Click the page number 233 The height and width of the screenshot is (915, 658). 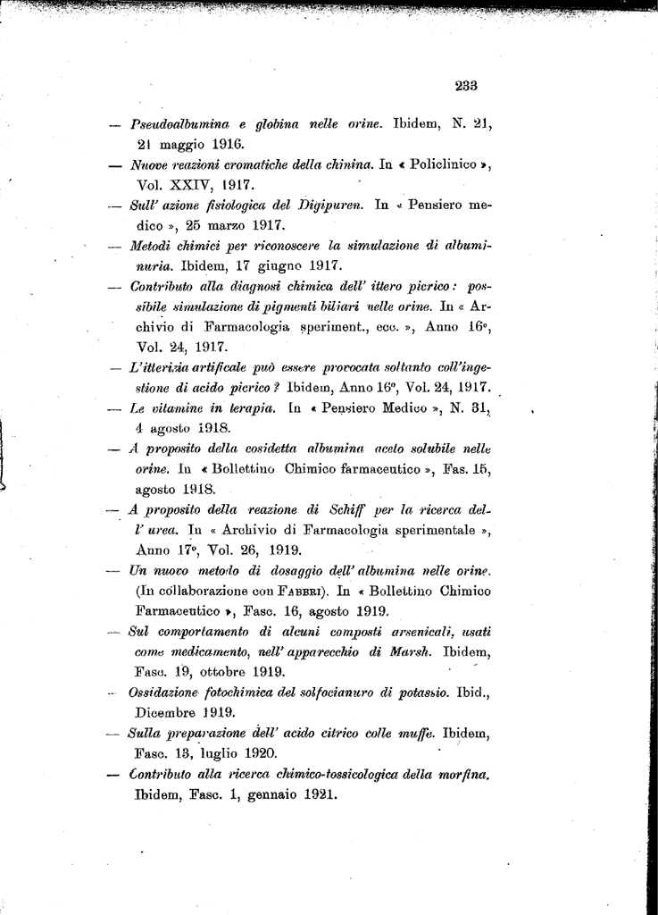coord(466,86)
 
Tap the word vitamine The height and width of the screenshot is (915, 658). coord(186,408)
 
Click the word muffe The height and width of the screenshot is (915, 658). coord(412,734)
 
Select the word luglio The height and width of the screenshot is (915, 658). coord(211,753)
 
